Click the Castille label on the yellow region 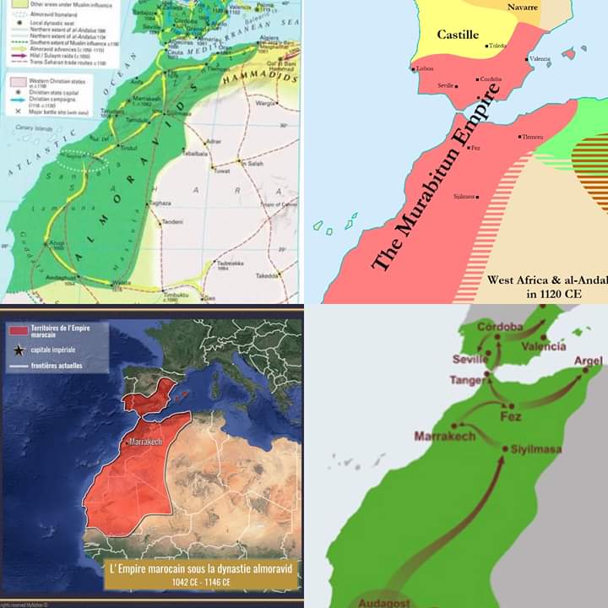(458, 35)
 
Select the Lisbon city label (424, 68)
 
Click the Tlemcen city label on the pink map (533, 136)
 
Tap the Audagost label (385, 603)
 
